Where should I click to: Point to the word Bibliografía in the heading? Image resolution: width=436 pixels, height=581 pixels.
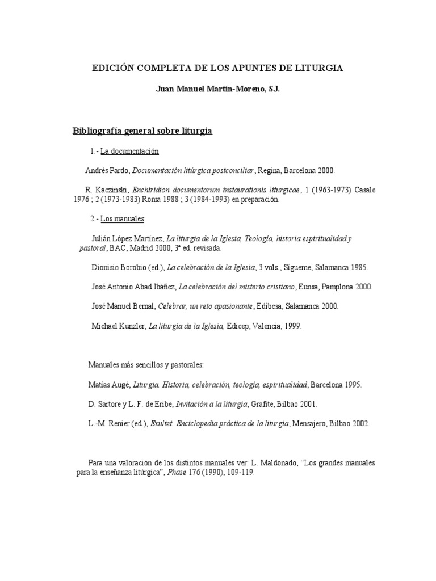[98, 131]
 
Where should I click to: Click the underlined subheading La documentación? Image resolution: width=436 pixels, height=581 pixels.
[129, 151]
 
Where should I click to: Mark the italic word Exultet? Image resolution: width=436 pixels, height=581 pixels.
[162, 423]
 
